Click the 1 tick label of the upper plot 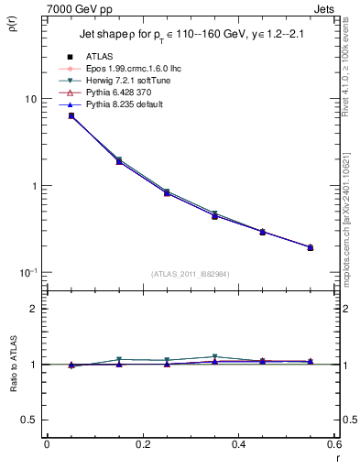click(x=34, y=186)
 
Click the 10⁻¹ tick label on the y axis click(x=27, y=273)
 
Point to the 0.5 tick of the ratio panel click(x=30, y=420)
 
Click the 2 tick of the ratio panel click(x=34, y=309)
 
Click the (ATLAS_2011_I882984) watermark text click(x=189, y=274)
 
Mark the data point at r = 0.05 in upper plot click(x=71, y=115)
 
